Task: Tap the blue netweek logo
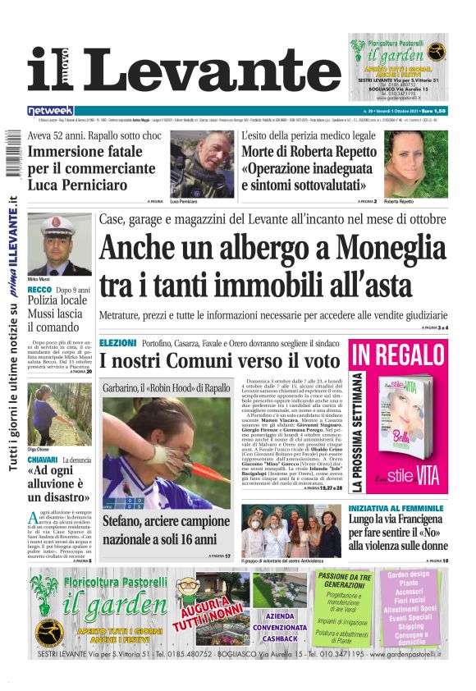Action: pos(51,110)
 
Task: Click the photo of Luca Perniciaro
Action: pos(201,162)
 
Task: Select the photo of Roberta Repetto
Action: pos(416,162)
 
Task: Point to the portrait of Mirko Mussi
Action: pos(60,244)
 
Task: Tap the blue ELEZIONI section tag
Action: pos(117,341)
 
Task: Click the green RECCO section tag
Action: pos(39,290)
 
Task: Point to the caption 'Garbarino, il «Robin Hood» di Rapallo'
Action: pos(167,387)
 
